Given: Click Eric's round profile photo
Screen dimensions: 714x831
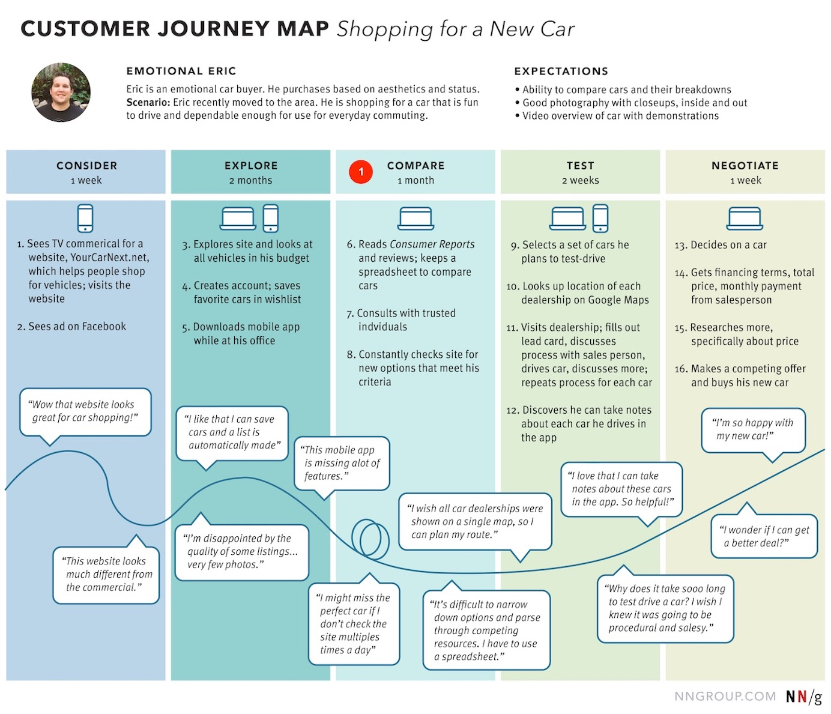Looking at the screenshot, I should pos(61,92).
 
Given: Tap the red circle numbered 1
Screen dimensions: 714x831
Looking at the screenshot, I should pos(361,172).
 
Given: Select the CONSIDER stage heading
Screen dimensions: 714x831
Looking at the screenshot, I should pos(86,166).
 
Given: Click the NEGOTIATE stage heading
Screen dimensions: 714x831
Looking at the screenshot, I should pos(745,166).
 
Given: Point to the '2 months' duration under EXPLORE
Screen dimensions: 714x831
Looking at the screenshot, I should pos(250,180).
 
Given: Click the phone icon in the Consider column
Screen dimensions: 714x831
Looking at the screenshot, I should pos(85,218).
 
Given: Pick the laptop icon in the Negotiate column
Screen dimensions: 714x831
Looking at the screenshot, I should pos(745,219).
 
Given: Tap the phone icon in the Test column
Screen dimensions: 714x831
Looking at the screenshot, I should pos(600,218).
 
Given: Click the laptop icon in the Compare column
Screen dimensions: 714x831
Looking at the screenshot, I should pos(416,219).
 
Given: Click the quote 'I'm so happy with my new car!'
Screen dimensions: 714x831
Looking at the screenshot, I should pos(754,429).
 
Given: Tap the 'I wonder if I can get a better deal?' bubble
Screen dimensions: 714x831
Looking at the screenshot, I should pos(765,536).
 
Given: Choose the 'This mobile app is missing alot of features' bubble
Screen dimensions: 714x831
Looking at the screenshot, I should pos(342,462).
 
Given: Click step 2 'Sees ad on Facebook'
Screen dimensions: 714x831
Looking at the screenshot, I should pos(71,327).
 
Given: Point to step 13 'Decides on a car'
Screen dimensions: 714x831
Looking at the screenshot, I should pos(721,245).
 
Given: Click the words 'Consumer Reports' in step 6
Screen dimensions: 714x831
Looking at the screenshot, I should pos(432,244).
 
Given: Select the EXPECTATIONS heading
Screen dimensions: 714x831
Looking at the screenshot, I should pos(561,71).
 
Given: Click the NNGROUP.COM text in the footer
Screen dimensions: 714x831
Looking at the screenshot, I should pos(725,697).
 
